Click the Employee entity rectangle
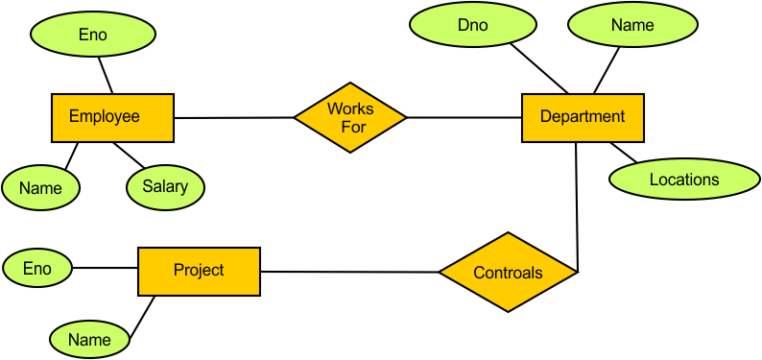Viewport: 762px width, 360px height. coord(111,117)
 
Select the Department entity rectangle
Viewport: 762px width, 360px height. coord(582,117)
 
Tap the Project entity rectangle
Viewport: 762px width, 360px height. coord(199,271)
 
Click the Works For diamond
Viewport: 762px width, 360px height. coord(349,117)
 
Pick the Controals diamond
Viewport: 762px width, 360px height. coord(508,273)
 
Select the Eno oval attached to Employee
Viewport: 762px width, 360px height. coord(92,35)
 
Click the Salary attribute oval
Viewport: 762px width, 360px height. coord(165,185)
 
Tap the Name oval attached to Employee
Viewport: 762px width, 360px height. coord(40,188)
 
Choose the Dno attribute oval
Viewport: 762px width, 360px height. coord(472,26)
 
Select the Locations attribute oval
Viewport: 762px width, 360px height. coord(683,180)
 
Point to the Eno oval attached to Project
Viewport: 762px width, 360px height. coord(36,269)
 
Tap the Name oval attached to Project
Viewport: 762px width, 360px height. coord(88,339)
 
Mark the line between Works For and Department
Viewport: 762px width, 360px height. coord(464,117)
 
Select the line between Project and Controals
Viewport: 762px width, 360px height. coord(349,272)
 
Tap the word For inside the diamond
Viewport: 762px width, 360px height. coord(349,127)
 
